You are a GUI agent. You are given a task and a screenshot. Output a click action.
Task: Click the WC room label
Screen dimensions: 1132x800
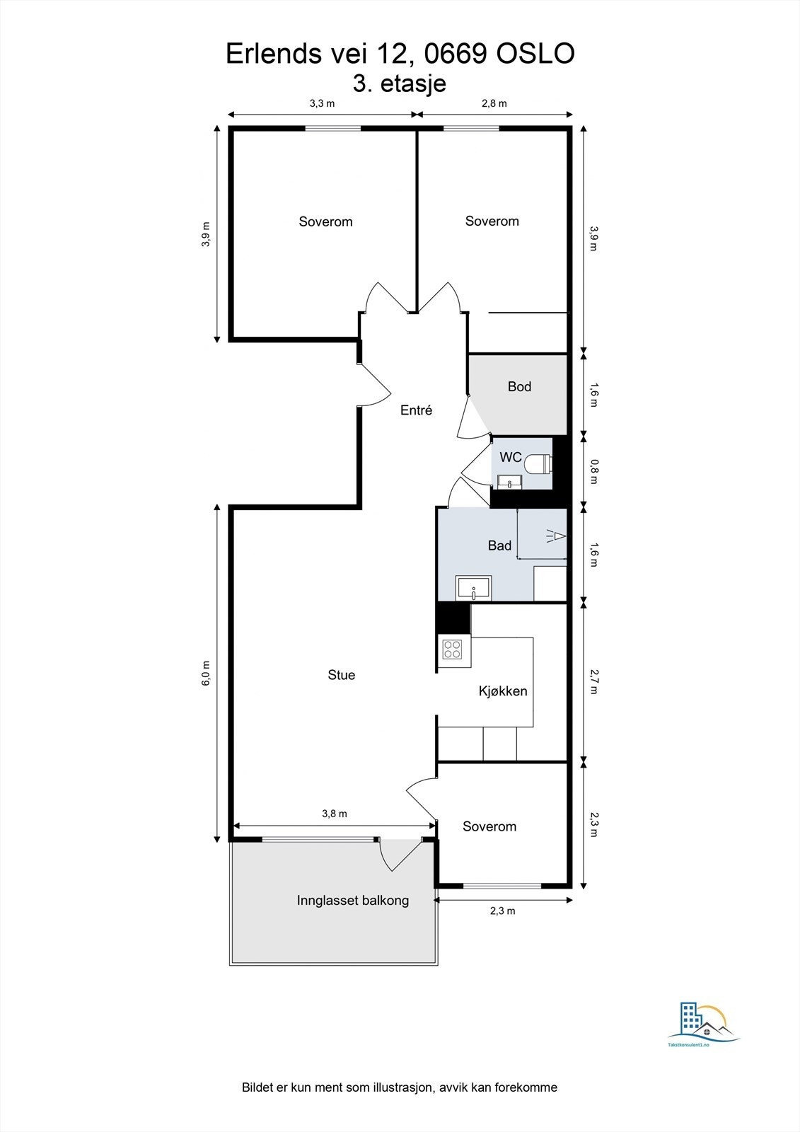click(x=510, y=457)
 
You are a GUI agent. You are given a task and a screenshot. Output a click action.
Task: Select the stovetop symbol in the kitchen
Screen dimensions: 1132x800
click(x=453, y=649)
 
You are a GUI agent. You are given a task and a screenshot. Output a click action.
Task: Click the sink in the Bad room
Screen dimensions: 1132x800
click(x=473, y=588)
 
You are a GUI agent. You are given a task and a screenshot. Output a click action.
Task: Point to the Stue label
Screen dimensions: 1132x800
click(x=341, y=675)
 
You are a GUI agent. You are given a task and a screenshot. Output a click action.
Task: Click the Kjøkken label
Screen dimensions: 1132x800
click(x=503, y=691)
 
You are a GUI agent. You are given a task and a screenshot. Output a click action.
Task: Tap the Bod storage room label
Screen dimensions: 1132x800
click(x=519, y=386)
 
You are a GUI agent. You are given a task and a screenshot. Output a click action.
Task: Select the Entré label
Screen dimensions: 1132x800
click(x=416, y=410)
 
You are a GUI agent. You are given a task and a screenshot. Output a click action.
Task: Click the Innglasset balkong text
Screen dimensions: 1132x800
click(x=353, y=901)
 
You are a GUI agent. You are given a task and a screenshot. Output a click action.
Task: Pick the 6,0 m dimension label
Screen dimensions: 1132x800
click(x=206, y=673)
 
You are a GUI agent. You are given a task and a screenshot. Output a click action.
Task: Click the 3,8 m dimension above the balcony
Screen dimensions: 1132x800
click(x=335, y=814)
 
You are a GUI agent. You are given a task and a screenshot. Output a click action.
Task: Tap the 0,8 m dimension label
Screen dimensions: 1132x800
click(x=594, y=471)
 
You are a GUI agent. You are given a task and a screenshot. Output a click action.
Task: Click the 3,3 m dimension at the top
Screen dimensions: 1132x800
click(x=322, y=103)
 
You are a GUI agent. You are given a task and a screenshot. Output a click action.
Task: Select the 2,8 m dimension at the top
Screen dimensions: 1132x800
click(x=494, y=103)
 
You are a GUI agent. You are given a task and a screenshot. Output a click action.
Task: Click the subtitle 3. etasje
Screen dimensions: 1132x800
click(x=400, y=83)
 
